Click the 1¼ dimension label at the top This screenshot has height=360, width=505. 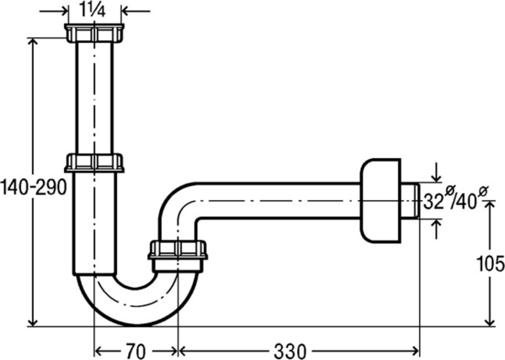[93, 10]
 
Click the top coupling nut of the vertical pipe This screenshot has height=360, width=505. [93, 33]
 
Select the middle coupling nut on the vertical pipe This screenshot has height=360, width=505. [94, 162]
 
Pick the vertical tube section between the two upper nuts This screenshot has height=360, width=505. [93, 97]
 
